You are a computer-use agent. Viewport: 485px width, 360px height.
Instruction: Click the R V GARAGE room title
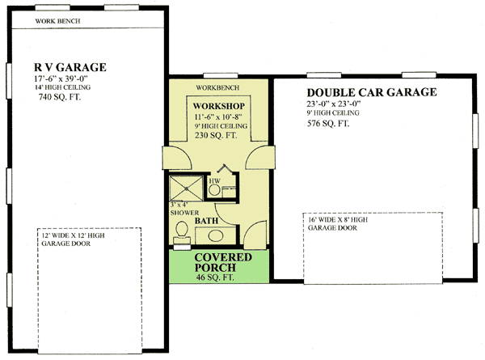pos(70,67)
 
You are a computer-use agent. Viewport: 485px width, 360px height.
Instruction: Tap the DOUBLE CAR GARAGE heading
pos(372,92)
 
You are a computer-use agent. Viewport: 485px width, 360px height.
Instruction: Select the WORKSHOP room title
pos(219,106)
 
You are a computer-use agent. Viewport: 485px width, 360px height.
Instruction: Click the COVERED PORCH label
pos(223,262)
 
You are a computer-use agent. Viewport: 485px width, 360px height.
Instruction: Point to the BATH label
pos(206,221)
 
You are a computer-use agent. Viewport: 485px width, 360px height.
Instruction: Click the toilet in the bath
pos(182,232)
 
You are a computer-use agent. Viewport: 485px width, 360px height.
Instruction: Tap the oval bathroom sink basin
pos(216,236)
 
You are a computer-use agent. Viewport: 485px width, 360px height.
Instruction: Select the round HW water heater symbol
pos(214,190)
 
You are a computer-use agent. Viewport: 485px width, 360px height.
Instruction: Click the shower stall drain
pos(186,188)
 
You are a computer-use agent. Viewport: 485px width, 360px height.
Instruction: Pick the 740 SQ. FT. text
pos(59,97)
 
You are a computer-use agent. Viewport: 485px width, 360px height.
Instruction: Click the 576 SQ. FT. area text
pos(328,124)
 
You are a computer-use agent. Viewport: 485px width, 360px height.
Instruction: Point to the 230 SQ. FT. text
pos(216,135)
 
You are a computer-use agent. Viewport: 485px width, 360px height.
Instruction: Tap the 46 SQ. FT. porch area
pos(215,277)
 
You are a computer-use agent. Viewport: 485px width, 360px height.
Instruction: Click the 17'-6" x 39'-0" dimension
pos(61,78)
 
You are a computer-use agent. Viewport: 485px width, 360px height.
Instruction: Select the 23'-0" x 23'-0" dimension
pos(334,104)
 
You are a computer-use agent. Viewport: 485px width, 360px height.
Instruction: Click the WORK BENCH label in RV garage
pos(57,21)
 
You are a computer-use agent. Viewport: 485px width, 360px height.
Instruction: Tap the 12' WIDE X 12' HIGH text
pos(73,235)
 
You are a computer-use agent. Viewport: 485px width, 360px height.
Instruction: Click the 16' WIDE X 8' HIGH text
pos(338,220)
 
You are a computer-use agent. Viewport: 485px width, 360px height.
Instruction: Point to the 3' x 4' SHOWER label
pos(184,209)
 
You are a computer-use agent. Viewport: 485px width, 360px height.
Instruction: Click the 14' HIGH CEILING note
pos(62,87)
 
